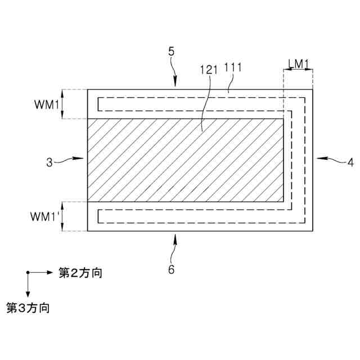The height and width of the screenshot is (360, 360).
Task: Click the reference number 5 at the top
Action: (172, 51)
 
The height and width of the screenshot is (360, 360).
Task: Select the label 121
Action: (209, 71)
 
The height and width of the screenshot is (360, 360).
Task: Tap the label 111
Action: (233, 68)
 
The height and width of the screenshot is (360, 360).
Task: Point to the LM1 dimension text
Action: (298, 64)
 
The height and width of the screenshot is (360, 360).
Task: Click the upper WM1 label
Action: (44, 104)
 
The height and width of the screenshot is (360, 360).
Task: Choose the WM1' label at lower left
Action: (46, 216)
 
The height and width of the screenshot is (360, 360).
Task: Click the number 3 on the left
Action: (49, 163)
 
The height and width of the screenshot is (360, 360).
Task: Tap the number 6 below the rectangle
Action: (172, 269)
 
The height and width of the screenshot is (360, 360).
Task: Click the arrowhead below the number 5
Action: (175, 82)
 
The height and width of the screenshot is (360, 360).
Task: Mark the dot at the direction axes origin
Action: (27, 273)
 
